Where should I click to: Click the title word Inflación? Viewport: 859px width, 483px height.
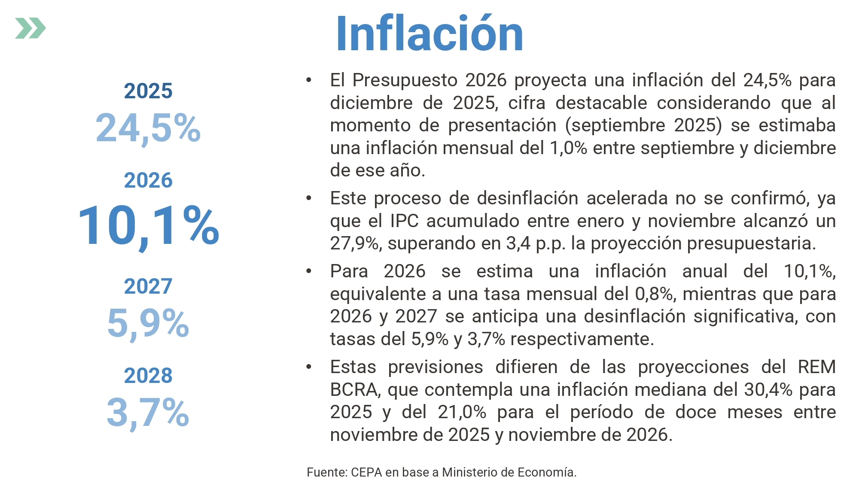pos(429,33)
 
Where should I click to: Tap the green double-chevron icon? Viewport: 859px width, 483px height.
pos(30,28)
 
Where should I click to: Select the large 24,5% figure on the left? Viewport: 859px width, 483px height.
pos(148,128)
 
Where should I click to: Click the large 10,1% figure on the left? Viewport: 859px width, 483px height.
pos(149,226)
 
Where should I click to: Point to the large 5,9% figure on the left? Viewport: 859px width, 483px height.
pos(148,323)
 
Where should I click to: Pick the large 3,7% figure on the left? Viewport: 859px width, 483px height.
pos(148,412)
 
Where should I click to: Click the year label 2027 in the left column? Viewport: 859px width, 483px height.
pos(148,286)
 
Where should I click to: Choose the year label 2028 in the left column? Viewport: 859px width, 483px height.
pos(148,375)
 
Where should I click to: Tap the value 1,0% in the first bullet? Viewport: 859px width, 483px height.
pos(568,148)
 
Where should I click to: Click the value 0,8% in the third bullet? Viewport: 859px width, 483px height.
pos(654,294)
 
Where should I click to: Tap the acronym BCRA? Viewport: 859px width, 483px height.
pos(354,390)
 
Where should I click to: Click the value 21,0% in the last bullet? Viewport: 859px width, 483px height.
pos(462,412)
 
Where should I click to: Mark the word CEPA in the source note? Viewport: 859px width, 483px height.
pos(366,472)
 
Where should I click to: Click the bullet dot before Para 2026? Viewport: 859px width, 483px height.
pos(309,271)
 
